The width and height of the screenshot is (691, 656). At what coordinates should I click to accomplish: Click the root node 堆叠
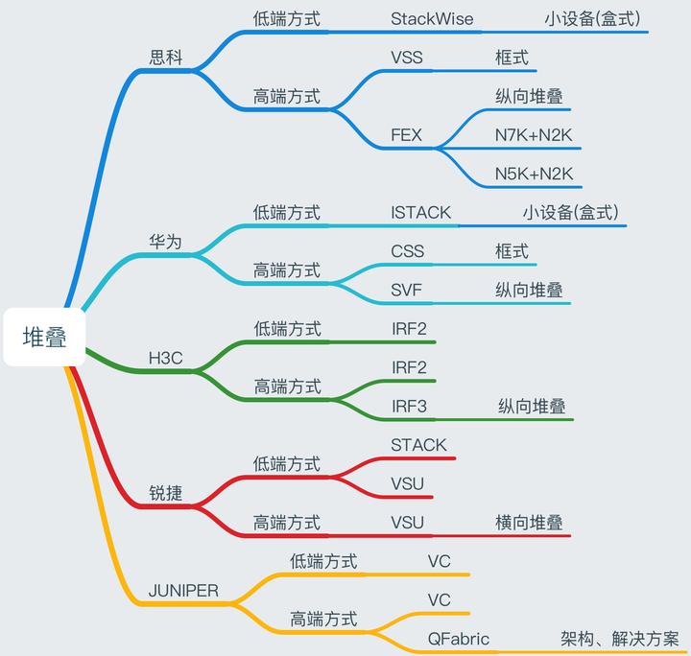pos(44,338)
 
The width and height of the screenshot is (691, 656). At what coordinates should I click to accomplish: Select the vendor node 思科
pos(166,57)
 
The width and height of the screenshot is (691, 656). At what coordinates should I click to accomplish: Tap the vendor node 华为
pos(166,242)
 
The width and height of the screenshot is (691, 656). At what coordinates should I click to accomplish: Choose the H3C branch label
pos(165,359)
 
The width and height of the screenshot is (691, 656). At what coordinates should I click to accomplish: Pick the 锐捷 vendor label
pos(166,494)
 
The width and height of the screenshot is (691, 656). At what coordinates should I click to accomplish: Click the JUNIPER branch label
pos(183,591)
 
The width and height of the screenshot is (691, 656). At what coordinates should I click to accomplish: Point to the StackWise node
pos(432,18)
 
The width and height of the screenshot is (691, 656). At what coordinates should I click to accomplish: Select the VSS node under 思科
pos(407,58)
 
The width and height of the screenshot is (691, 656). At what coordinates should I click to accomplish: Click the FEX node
pos(407,135)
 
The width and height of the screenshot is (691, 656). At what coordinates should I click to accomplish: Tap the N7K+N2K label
pos(534,135)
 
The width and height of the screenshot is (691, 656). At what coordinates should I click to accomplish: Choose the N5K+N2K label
pos(534,174)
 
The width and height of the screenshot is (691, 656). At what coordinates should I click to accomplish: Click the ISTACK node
pos(420,213)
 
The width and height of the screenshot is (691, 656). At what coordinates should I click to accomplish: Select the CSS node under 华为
pos(407,251)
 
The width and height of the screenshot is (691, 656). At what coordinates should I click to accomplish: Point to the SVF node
pos(407,290)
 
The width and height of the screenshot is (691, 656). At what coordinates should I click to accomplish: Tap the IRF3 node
pos(409,406)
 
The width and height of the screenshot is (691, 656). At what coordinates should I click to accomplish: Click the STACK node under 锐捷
pos(418,445)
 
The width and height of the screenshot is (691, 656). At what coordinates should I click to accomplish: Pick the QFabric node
pos(459,639)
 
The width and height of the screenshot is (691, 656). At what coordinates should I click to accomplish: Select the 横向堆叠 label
pos(529,523)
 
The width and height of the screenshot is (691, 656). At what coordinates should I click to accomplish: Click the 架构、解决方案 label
pos(620,639)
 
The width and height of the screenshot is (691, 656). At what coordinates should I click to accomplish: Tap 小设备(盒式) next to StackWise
pos(592,18)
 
